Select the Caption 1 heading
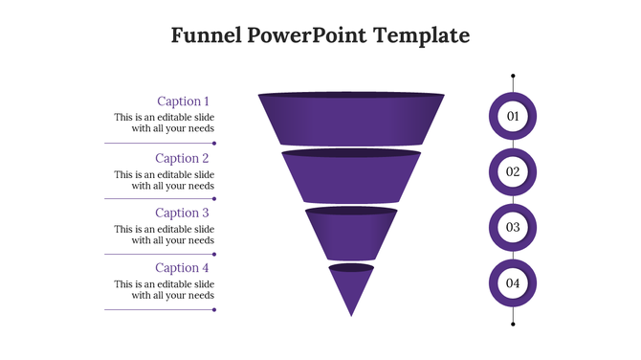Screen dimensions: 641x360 click(x=182, y=101)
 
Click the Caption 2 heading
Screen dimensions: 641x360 click(x=182, y=159)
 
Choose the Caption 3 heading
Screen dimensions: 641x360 click(x=182, y=214)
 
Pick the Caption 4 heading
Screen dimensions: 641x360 click(x=182, y=268)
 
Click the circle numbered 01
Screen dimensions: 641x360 click(x=513, y=117)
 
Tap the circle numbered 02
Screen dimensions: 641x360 click(x=513, y=172)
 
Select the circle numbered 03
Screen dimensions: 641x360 click(x=513, y=228)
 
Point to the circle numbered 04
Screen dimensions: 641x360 click(x=513, y=283)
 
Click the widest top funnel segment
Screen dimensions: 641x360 click(x=351, y=120)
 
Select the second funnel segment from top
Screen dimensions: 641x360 click(x=351, y=177)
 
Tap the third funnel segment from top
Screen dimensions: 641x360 click(x=351, y=233)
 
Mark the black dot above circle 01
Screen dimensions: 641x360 click(x=513, y=76)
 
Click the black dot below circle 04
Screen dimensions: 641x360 click(x=513, y=325)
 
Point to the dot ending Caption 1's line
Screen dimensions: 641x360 click(x=214, y=144)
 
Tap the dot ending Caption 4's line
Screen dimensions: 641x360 click(x=214, y=309)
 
